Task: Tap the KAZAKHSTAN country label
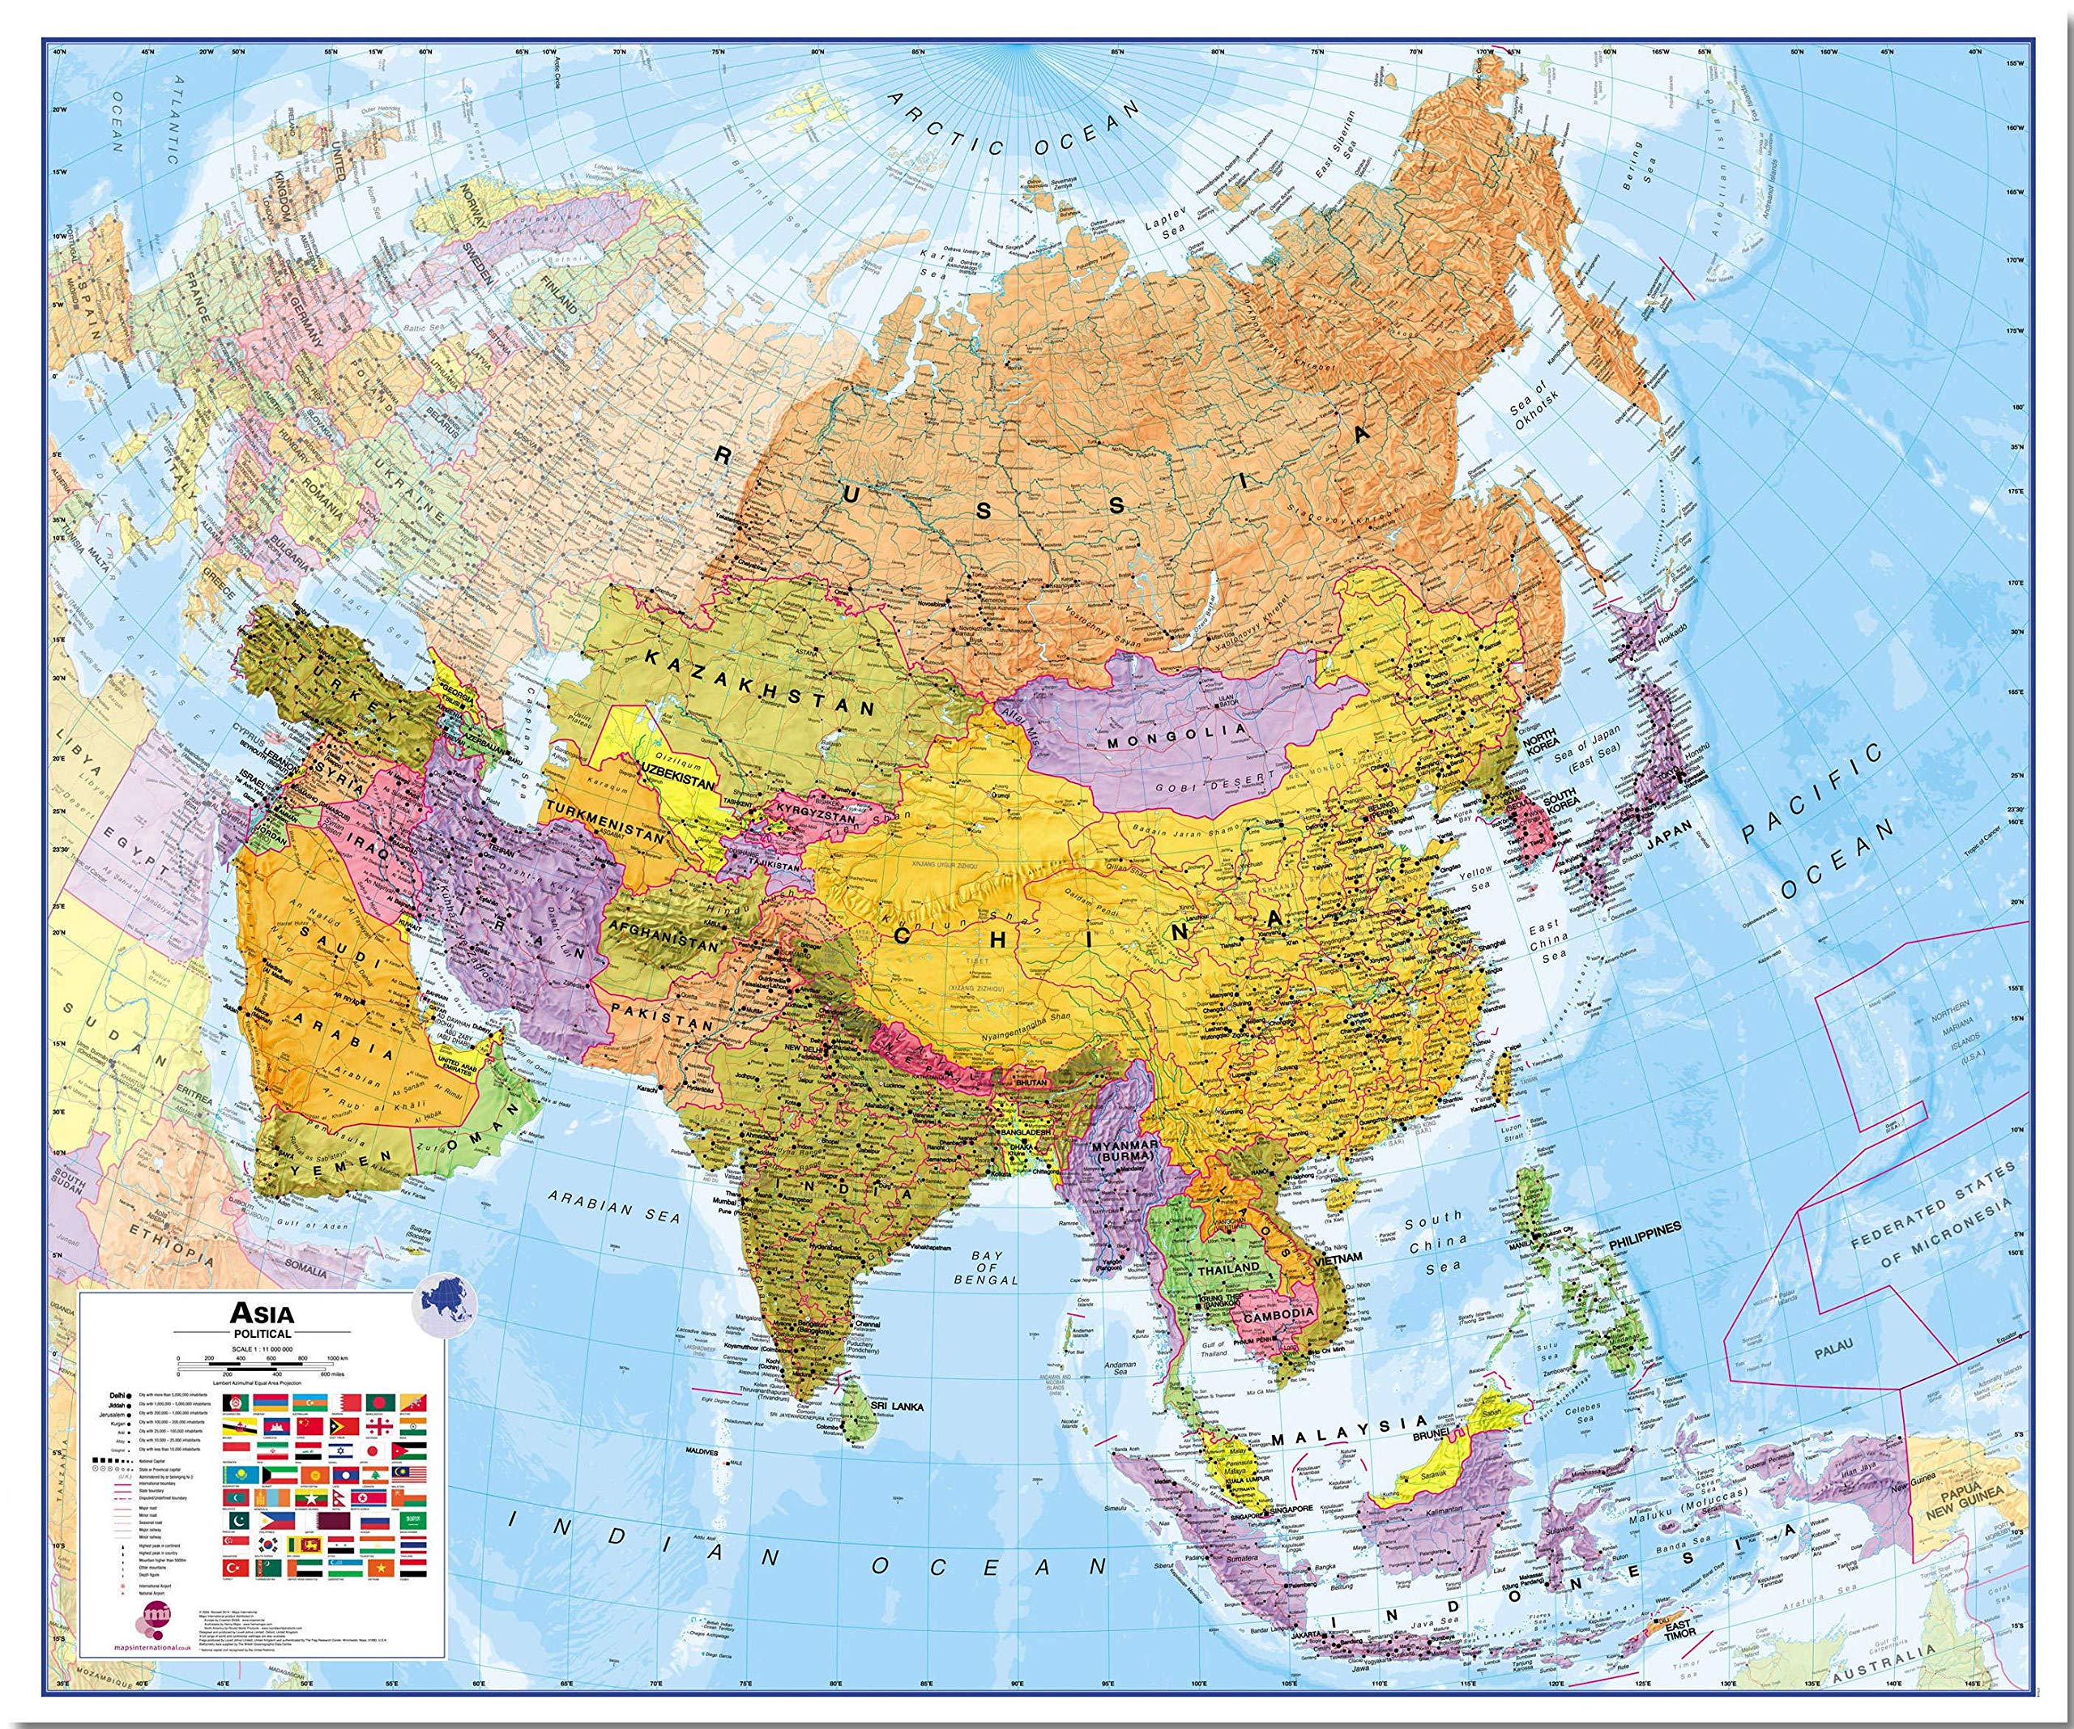point(761,681)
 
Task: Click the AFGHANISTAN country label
point(663,935)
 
